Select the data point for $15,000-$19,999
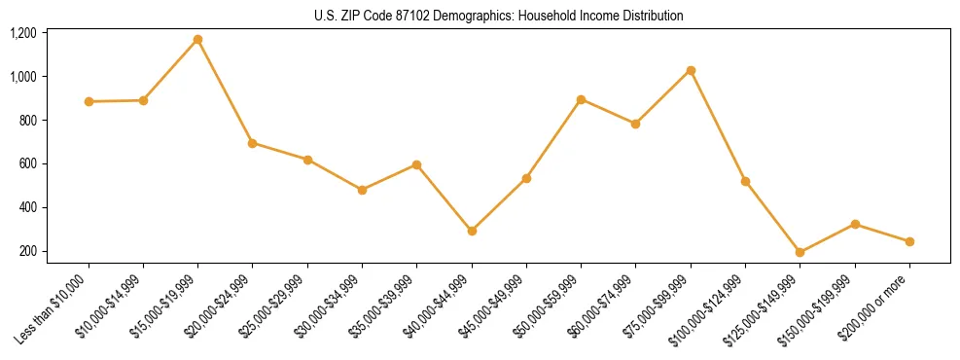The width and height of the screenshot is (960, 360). coord(197,40)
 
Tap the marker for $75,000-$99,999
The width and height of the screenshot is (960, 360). coord(691,70)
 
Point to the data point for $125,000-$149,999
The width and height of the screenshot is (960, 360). coord(800,252)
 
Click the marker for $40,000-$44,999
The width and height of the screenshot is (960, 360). coord(472,231)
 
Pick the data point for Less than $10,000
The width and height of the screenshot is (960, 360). coord(89,101)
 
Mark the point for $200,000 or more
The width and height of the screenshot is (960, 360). coord(909,241)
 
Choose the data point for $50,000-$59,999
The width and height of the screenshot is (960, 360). coord(581,99)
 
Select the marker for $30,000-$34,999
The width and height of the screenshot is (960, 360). coord(362,190)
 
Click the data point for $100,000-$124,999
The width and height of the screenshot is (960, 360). coord(745,181)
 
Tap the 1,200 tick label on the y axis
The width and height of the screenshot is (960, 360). coord(23,33)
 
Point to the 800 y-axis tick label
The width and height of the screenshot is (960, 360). coord(27,121)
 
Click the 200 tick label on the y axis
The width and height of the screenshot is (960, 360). coord(27,251)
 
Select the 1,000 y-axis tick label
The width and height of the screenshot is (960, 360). coord(23,77)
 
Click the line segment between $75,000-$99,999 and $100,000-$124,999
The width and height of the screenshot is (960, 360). coord(718,126)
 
